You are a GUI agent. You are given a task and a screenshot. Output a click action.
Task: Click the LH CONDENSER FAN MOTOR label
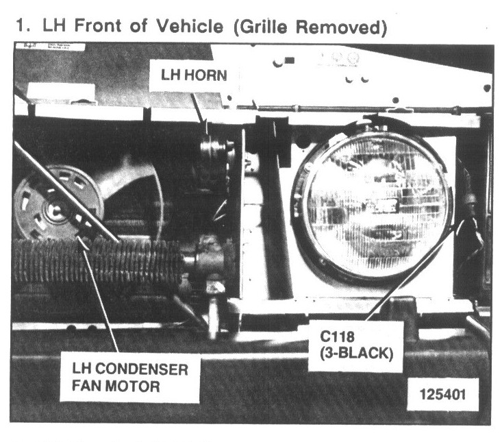click(x=130, y=378)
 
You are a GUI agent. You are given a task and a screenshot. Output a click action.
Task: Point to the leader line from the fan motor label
click(x=100, y=295)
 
